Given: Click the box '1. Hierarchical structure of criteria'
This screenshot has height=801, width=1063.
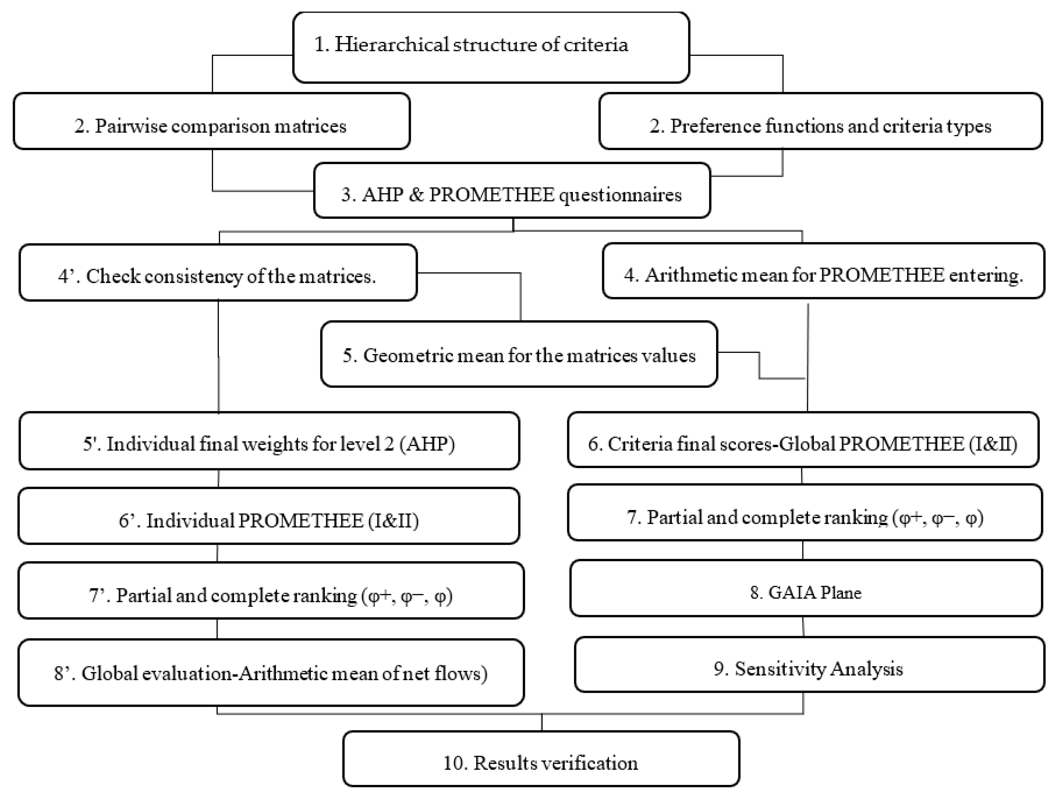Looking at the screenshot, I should coord(491,47).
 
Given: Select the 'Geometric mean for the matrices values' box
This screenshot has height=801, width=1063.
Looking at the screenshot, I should coord(519,354).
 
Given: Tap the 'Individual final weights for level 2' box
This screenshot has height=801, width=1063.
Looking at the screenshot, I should coord(269,441).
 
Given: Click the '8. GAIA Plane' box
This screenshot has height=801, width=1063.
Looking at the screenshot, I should coord(806,588).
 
